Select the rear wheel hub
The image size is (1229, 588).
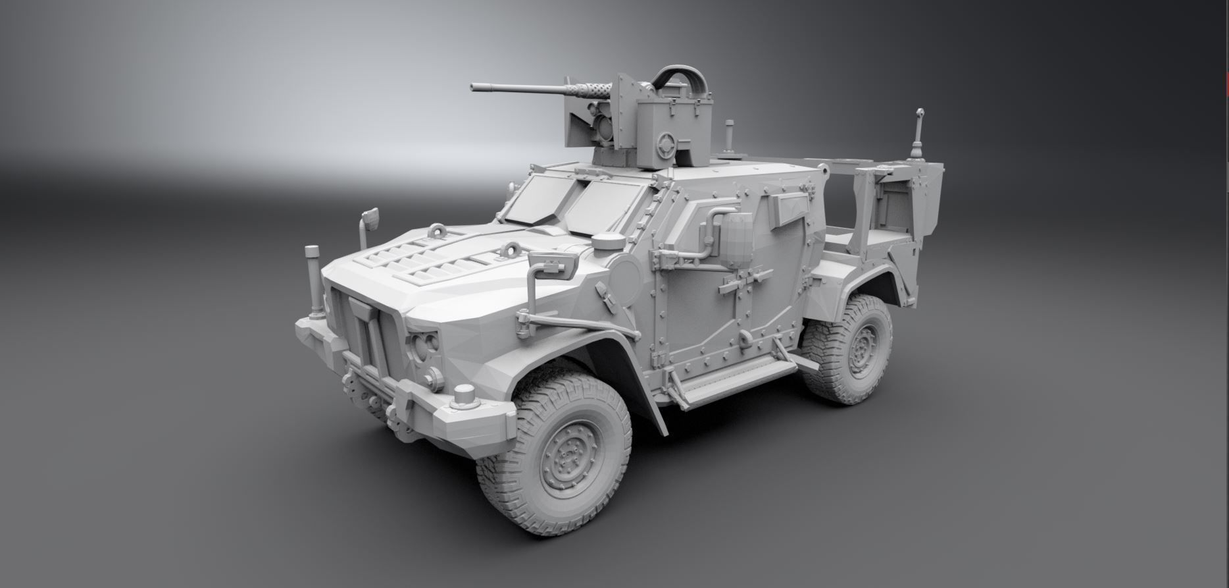coord(860,351)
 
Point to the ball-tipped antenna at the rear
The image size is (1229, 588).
coord(920,113)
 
